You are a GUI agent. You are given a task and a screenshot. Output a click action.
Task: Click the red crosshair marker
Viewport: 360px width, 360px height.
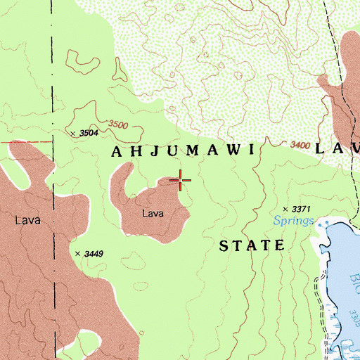[181, 181]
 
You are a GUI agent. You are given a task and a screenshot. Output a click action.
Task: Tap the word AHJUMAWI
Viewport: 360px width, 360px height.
[186, 152]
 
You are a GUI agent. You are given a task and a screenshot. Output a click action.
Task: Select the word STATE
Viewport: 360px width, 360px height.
[252, 246]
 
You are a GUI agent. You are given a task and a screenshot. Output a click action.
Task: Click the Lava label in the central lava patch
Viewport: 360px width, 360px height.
[153, 214]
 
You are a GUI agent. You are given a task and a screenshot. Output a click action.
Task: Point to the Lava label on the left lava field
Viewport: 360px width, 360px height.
[27, 220]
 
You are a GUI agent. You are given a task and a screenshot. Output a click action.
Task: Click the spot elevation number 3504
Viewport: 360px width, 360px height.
[89, 133]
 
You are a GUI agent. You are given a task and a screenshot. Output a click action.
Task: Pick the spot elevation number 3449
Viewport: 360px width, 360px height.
[93, 253]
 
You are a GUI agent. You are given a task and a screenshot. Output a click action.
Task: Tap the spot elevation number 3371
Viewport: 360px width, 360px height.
[300, 210]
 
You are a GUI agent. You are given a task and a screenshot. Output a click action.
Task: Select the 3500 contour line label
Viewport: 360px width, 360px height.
[118, 125]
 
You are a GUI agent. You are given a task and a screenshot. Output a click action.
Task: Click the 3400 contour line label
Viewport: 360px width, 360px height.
[300, 146]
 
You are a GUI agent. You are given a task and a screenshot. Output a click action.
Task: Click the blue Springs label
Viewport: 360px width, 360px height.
[294, 221]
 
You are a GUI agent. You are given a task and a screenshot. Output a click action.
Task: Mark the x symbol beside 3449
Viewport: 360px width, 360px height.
[77, 253]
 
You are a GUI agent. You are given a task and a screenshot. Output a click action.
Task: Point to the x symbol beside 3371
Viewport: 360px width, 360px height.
[285, 210]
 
